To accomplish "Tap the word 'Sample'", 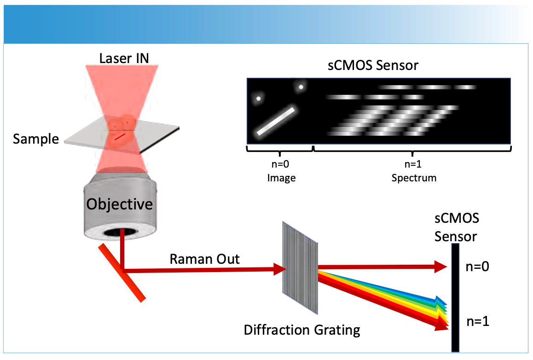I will tap(36, 139).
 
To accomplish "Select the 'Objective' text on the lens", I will tap(120, 203).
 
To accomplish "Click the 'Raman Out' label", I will tap(204, 259).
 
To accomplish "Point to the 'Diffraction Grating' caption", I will tap(301, 330).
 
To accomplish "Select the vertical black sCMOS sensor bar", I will tap(455, 297).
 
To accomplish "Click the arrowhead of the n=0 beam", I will tap(440, 266).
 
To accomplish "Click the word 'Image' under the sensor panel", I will tap(281, 177).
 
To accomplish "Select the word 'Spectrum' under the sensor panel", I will tap(413, 177).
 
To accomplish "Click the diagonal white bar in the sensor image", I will tap(275, 121).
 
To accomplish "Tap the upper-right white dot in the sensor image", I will tap(301, 87).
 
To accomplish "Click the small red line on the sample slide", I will tap(120, 136).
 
